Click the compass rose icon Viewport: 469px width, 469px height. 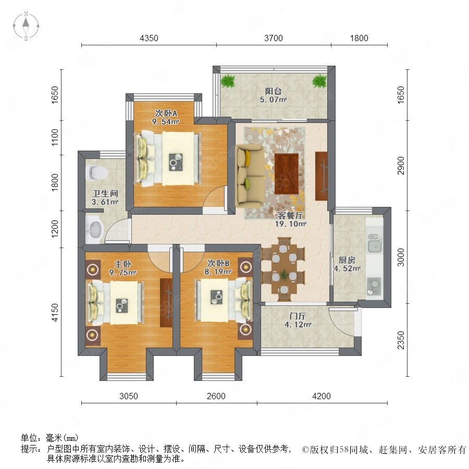(26, 26)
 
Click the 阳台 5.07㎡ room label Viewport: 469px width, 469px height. (273, 95)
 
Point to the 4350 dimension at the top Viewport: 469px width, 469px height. (149, 38)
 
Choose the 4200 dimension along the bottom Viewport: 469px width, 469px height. (322, 396)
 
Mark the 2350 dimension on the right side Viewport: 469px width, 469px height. (401, 340)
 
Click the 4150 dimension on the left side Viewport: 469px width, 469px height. (55, 312)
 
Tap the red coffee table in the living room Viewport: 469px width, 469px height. (287, 174)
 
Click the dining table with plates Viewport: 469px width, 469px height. (283, 269)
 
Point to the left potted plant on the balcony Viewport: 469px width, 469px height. (228, 81)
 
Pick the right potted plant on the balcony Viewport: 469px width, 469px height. (319, 81)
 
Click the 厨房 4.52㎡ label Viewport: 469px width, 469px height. (347, 264)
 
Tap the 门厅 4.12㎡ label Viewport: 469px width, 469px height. (298, 320)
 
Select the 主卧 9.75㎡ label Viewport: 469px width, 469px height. (123, 268)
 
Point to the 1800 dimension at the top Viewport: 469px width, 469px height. (359, 38)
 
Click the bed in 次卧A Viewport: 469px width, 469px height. (168, 159)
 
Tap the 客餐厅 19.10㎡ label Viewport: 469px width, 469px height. (290, 219)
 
